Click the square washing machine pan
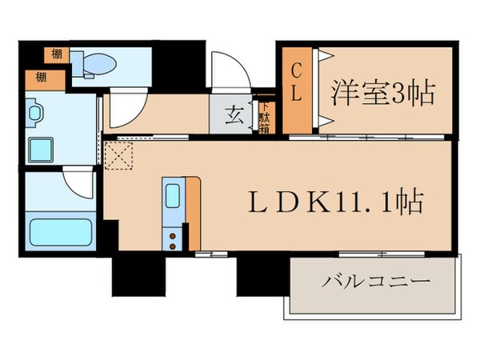[41, 148]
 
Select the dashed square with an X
[120, 154]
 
